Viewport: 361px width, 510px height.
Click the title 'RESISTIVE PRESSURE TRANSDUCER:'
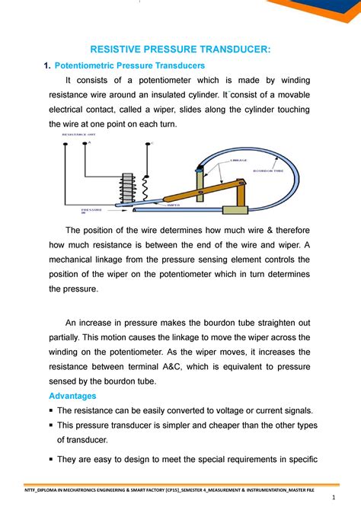coord(180,49)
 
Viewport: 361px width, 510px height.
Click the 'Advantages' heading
coord(74,397)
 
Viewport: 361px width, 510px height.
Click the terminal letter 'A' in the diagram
coord(88,142)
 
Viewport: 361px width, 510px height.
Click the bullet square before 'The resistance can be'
coord(52,411)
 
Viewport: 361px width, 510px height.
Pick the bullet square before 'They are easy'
coord(52,460)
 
